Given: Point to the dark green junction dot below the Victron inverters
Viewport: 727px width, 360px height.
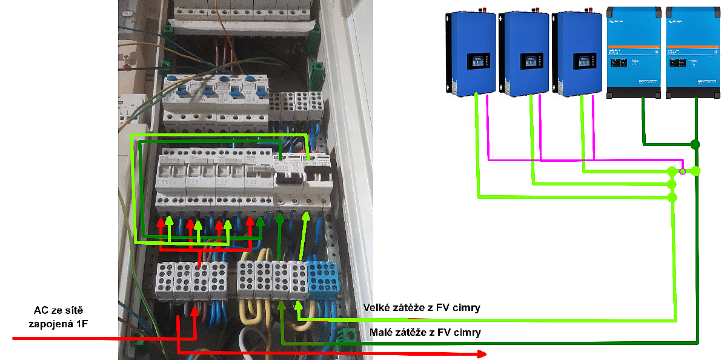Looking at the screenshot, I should tap(695, 144).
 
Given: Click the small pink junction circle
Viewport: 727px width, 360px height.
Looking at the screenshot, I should tap(683, 172).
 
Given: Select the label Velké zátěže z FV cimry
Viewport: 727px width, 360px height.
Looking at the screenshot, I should tap(421, 308).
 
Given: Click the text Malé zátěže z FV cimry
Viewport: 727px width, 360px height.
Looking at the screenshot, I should tap(425, 332).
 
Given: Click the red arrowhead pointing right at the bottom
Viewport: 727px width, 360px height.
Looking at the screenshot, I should tap(482, 353).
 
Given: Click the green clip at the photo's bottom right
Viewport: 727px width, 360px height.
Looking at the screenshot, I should tap(347, 335).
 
